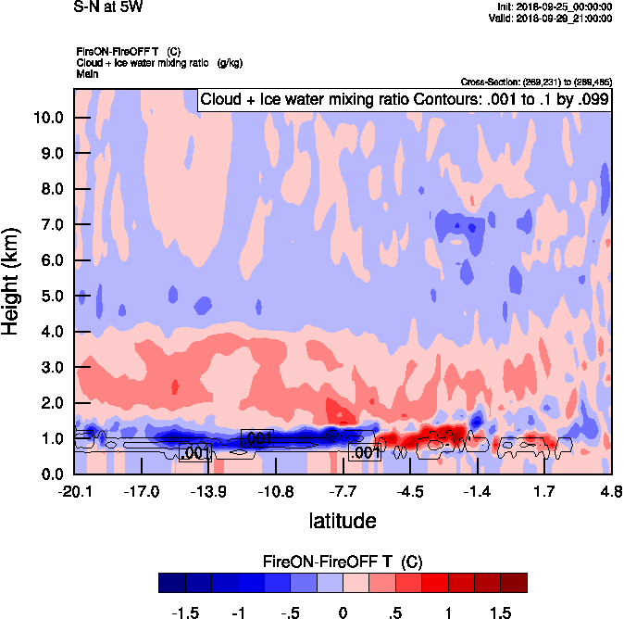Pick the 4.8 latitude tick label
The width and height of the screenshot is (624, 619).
coord(610,490)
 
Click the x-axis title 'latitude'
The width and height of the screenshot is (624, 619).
coord(342,520)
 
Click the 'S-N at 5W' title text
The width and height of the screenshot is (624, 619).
coord(107,7)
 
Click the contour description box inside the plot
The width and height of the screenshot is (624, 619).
coord(405,100)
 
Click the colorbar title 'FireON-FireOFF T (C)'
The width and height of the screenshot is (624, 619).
coord(343,562)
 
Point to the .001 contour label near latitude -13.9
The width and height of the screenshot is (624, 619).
coord(195,453)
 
